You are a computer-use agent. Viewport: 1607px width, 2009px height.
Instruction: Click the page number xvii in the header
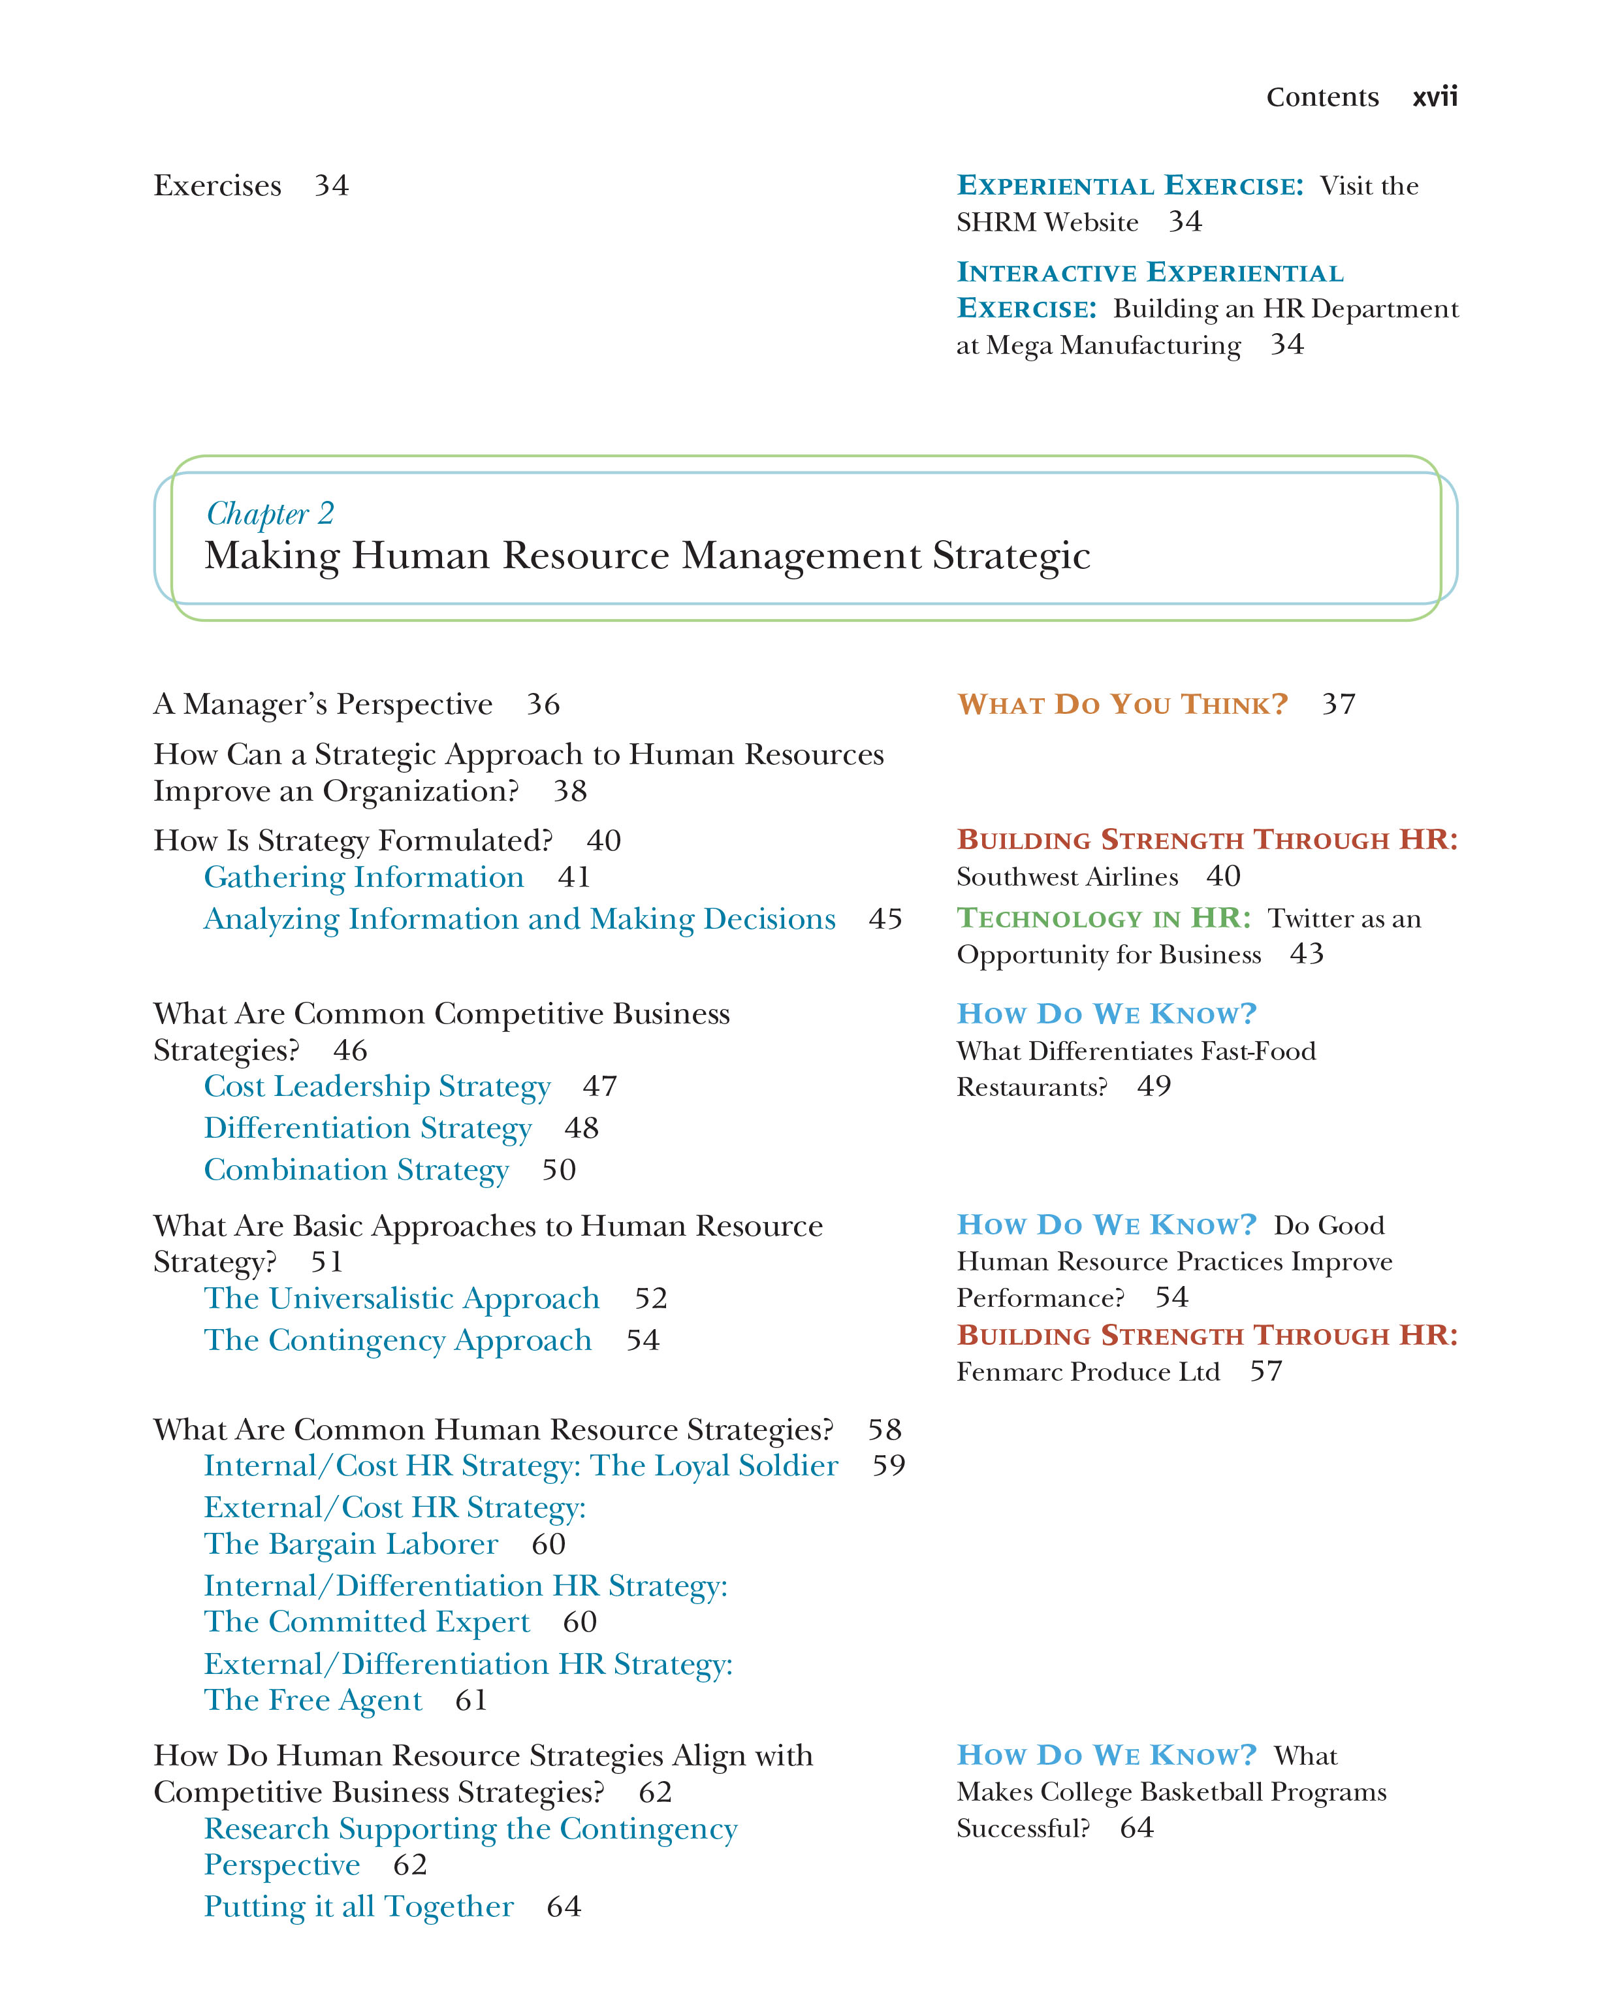(1434, 97)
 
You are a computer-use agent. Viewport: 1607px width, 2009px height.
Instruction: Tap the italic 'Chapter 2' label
(269, 513)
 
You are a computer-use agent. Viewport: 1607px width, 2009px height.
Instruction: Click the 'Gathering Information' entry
(363, 877)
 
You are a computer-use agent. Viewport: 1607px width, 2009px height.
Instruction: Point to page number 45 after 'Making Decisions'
(885, 919)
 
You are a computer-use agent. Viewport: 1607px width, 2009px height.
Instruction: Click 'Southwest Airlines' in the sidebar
(1067, 877)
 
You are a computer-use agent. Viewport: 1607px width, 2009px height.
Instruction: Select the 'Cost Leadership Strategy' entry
(377, 1087)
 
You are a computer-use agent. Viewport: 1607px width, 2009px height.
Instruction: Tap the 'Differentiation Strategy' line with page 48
(368, 1129)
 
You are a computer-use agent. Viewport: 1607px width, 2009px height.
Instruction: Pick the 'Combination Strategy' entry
(356, 1170)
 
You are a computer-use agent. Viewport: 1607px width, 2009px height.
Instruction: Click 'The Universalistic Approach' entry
(402, 1298)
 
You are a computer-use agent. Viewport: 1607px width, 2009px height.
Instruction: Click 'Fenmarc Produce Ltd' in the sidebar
(1087, 1372)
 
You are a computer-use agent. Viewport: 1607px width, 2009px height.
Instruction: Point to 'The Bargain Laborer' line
(350, 1544)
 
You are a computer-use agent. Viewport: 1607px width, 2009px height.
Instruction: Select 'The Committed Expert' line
(366, 1622)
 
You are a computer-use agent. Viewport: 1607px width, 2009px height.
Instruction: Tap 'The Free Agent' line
(313, 1701)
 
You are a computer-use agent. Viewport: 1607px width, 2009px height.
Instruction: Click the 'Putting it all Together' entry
(358, 1906)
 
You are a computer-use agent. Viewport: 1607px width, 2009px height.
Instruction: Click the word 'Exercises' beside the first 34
(217, 185)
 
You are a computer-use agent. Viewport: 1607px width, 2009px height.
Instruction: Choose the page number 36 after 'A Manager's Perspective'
(543, 705)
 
